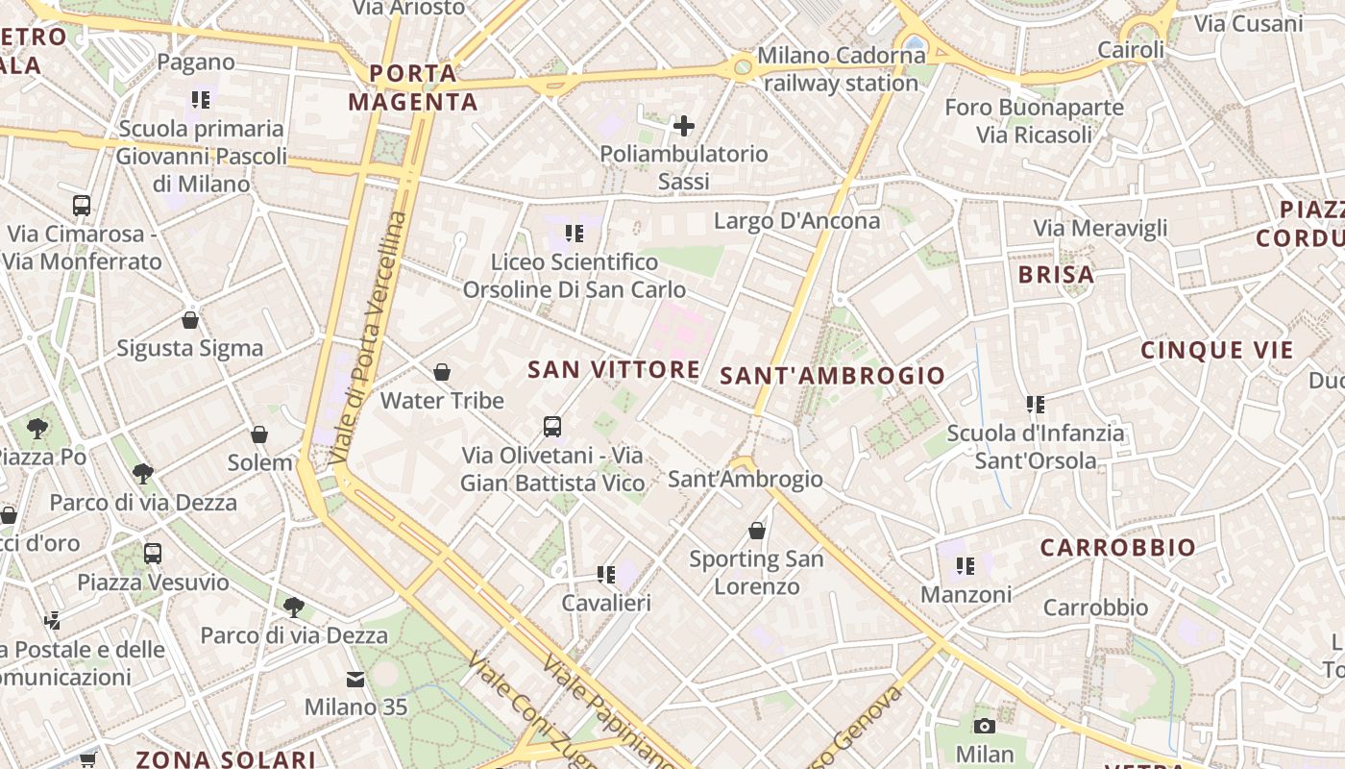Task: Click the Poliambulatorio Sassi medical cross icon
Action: pyautogui.click(x=684, y=126)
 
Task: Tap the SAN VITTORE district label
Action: pyautogui.click(x=614, y=369)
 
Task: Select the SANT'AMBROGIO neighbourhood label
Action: pyautogui.click(x=833, y=376)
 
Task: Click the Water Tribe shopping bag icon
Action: pyautogui.click(x=442, y=372)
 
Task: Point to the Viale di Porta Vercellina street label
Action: pyautogui.click(x=367, y=336)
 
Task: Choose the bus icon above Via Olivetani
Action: pyautogui.click(x=552, y=427)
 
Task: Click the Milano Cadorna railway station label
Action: pyautogui.click(x=841, y=69)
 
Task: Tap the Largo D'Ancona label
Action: pyautogui.click(x=796, y=221)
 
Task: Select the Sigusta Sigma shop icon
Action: pyautogui.click(x=190, y=320)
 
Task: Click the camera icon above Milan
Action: pyautogui.click(x=984, y=726)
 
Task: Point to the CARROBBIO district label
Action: pyautogui.click(x=1118, y=548)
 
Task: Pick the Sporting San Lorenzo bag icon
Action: pyautogui.click(x=757, y=531)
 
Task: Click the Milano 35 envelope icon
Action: pyautogui.click(x=355, y=680)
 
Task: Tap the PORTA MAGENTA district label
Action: pyautogui.click(x=413, y=87)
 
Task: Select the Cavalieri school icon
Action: pyautogui.click(x=605, y=575)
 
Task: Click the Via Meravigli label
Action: pyautogui.click(x=1100, y=228)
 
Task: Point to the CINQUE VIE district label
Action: pyautogui.click(x=1217, y=351)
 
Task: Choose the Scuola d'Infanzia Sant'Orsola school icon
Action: pyautogui.click(x=1035, y=405)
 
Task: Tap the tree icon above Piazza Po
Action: pyautogui.click(x=38, y=428)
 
